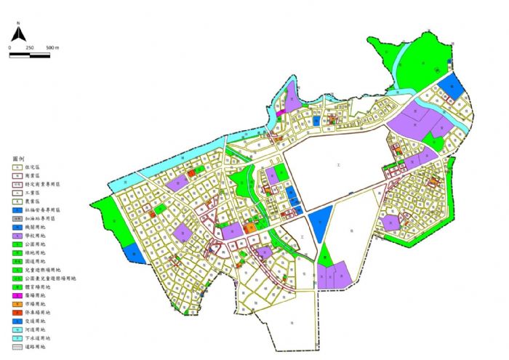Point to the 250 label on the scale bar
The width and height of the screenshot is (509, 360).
click(x=30, y=47)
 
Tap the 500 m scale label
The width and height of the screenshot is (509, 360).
click(x=52, y=47)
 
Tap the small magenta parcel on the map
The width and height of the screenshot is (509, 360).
click(x=278, y=113)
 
